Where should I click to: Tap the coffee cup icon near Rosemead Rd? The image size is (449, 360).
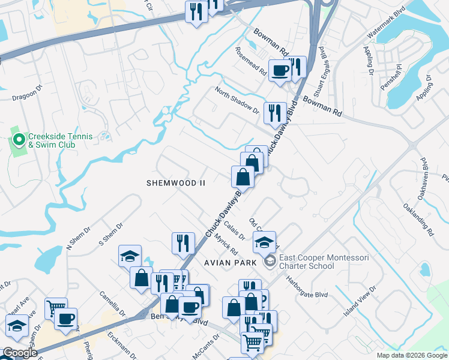click(280, 71)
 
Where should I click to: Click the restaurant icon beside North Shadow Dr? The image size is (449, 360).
click(275, 112)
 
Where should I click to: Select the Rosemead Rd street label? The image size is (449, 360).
click(251, 60)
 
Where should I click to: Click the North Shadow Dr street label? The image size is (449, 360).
click(237, 101)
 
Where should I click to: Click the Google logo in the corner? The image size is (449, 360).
click(20, 353)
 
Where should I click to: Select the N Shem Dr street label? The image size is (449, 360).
click(77, 241)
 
